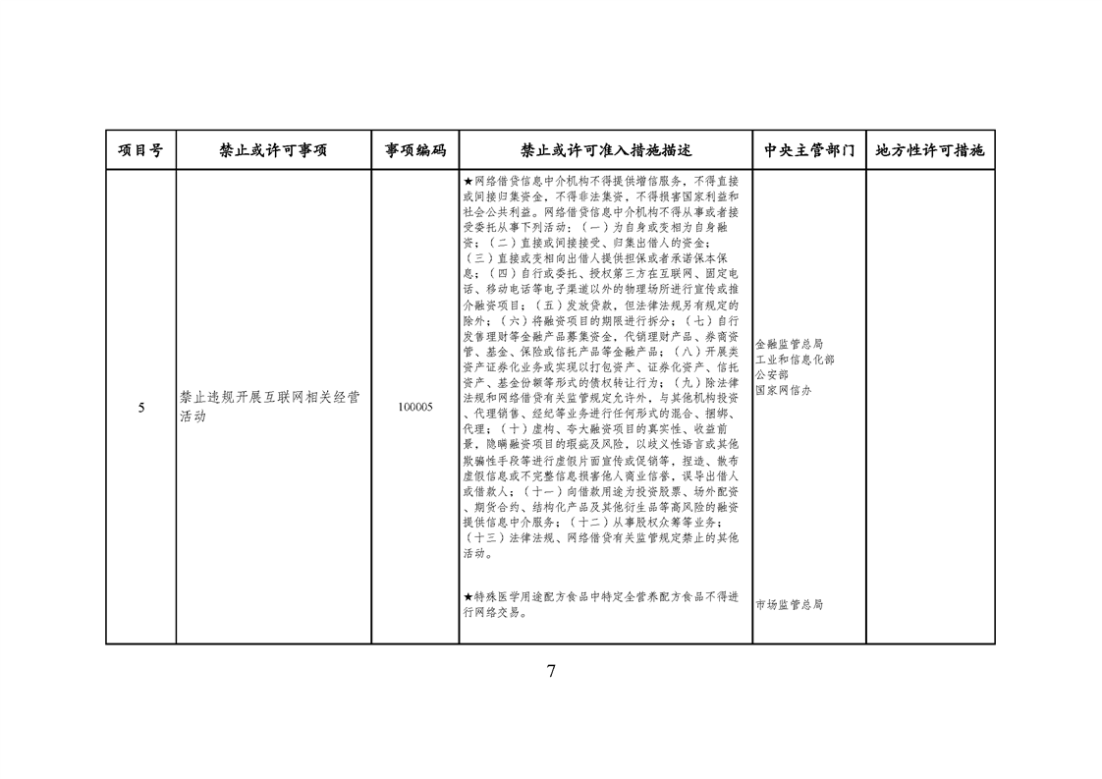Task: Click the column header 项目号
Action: coord(140,150)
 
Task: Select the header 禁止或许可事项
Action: coord(273,150)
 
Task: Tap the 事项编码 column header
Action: coord(415,150)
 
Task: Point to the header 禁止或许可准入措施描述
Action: coord(606,150)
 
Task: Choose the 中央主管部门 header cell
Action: coord(809,150)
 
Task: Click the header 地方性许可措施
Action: coord(930,150)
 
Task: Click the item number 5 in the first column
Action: coord(141,408)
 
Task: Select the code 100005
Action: coord(415,407)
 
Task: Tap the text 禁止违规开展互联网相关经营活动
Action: coord(270,407)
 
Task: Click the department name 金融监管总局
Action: coord(790,344)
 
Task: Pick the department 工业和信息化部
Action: coord(795,360)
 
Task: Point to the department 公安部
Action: coord(772,374)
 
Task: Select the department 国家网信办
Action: coord(784,390)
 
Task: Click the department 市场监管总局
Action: coord(790,605)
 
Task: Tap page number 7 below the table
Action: coord(551,671)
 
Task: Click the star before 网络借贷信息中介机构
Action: coord(468,182)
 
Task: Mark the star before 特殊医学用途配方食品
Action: coord(468,597)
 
